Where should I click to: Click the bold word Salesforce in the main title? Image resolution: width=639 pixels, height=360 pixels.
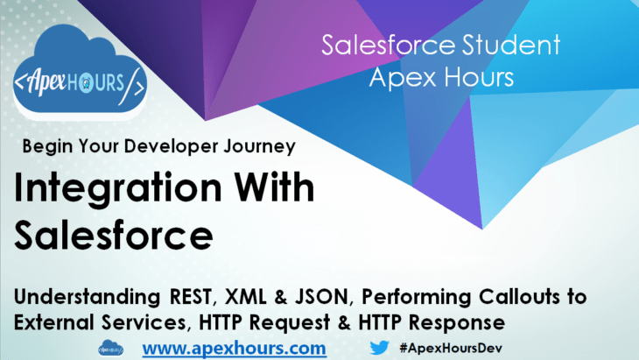(114, 234)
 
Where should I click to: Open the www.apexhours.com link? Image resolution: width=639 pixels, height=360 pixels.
(234, 348)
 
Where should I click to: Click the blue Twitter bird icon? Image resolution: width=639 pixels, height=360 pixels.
(379, 347)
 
